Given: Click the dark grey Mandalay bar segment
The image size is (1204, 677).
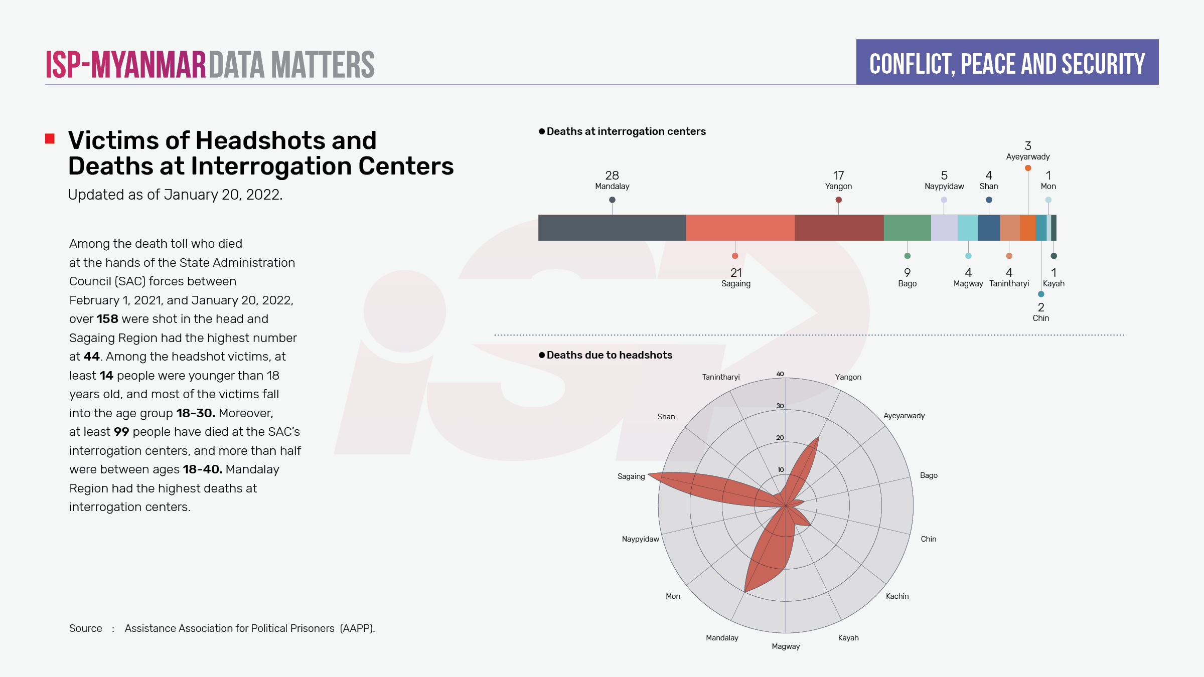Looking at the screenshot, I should [612, 228].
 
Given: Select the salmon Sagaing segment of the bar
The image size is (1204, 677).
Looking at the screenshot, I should [740, 228].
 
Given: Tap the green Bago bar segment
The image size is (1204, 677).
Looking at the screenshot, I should [907, 228].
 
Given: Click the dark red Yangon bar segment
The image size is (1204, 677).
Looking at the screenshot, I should [839, 228].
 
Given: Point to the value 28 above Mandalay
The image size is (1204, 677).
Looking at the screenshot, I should [612, 176].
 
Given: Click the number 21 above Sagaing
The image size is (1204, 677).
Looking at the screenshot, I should [736, 273].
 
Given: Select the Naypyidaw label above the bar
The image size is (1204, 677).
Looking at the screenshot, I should [944, 187].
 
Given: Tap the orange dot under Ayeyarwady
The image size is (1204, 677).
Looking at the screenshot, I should [1028, 168].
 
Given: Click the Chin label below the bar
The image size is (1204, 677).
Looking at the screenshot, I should [1040, 318].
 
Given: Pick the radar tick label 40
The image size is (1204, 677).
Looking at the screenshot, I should [780, 374].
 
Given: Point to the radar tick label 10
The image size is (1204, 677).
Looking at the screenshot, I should [781, 470].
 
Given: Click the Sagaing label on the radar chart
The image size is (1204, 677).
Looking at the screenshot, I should [631, 476].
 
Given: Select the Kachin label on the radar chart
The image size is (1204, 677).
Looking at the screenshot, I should [897, 596].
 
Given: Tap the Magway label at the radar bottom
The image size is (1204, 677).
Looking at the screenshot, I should [786, 646].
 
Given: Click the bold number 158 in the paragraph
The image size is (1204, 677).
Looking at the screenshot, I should [107, 319].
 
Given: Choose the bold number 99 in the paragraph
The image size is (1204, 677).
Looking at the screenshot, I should [121, 432].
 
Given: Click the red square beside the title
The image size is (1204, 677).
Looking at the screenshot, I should [50, 139].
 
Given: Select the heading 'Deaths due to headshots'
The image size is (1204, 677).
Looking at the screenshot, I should [609, 355].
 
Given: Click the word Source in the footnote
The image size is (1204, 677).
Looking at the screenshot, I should [85, 628].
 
